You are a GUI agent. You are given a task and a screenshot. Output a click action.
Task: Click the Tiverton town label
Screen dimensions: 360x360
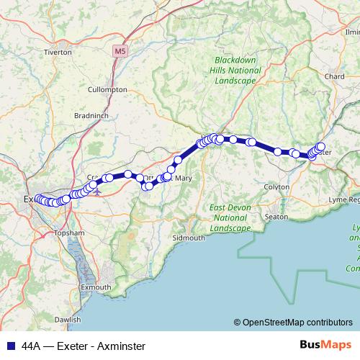point(58,52)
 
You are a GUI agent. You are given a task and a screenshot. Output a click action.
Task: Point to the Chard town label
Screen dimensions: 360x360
point(335,76)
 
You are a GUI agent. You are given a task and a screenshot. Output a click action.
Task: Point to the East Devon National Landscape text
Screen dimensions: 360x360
point(230,217)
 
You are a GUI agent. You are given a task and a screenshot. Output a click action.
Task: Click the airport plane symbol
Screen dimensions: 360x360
point(97,193)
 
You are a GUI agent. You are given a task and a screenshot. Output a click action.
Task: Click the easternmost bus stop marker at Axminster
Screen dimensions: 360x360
point(320,147)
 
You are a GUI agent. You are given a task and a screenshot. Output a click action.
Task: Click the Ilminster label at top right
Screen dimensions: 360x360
point(352,32)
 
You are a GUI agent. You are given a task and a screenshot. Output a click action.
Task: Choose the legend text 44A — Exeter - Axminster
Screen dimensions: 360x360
point(83,346)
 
